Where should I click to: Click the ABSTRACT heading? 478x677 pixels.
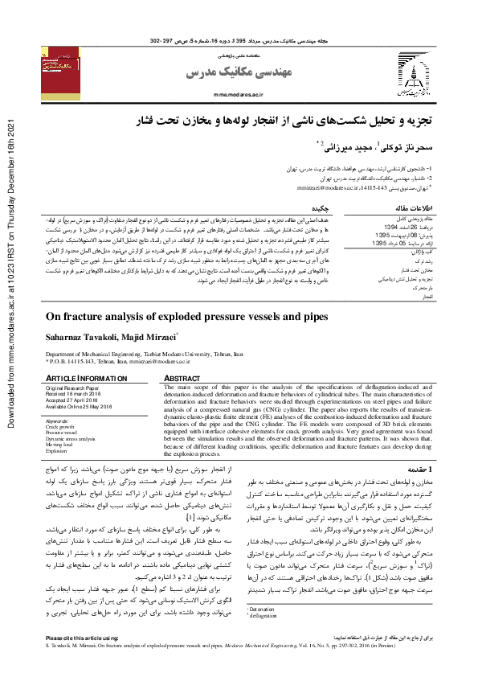(183, 378)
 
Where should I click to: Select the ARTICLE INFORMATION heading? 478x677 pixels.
(84, 378)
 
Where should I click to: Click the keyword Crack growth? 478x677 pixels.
(61, 425)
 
